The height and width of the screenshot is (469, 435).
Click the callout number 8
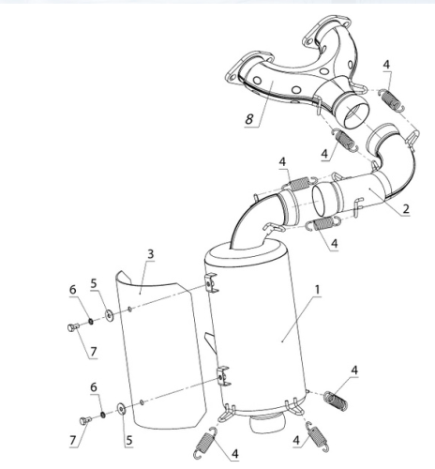pos(249,119)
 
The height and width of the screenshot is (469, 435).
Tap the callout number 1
pos(317,290)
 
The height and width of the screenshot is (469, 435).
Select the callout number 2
pos(406,208)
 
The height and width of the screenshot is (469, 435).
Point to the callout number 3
pos(151,254)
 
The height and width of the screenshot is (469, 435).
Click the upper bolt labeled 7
pos(73,327)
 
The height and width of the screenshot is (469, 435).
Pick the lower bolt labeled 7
pos(85,420)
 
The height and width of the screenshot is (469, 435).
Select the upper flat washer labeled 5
pos(109,315)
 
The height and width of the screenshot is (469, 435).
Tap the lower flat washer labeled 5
pos(121,408)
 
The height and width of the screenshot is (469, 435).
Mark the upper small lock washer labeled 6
pos(91,321)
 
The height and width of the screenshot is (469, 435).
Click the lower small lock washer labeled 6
pos(103,415)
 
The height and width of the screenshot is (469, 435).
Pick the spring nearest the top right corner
pos(391,99)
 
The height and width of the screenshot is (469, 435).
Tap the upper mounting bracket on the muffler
pos(212,282)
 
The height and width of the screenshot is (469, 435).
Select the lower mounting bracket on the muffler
pos(224,376)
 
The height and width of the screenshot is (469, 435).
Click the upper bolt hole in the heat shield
pos(130,310)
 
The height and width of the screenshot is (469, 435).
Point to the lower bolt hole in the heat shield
pos(142,401)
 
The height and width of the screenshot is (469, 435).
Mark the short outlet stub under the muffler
pos(267,422)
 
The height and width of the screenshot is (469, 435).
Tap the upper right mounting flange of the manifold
pos(326,29)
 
